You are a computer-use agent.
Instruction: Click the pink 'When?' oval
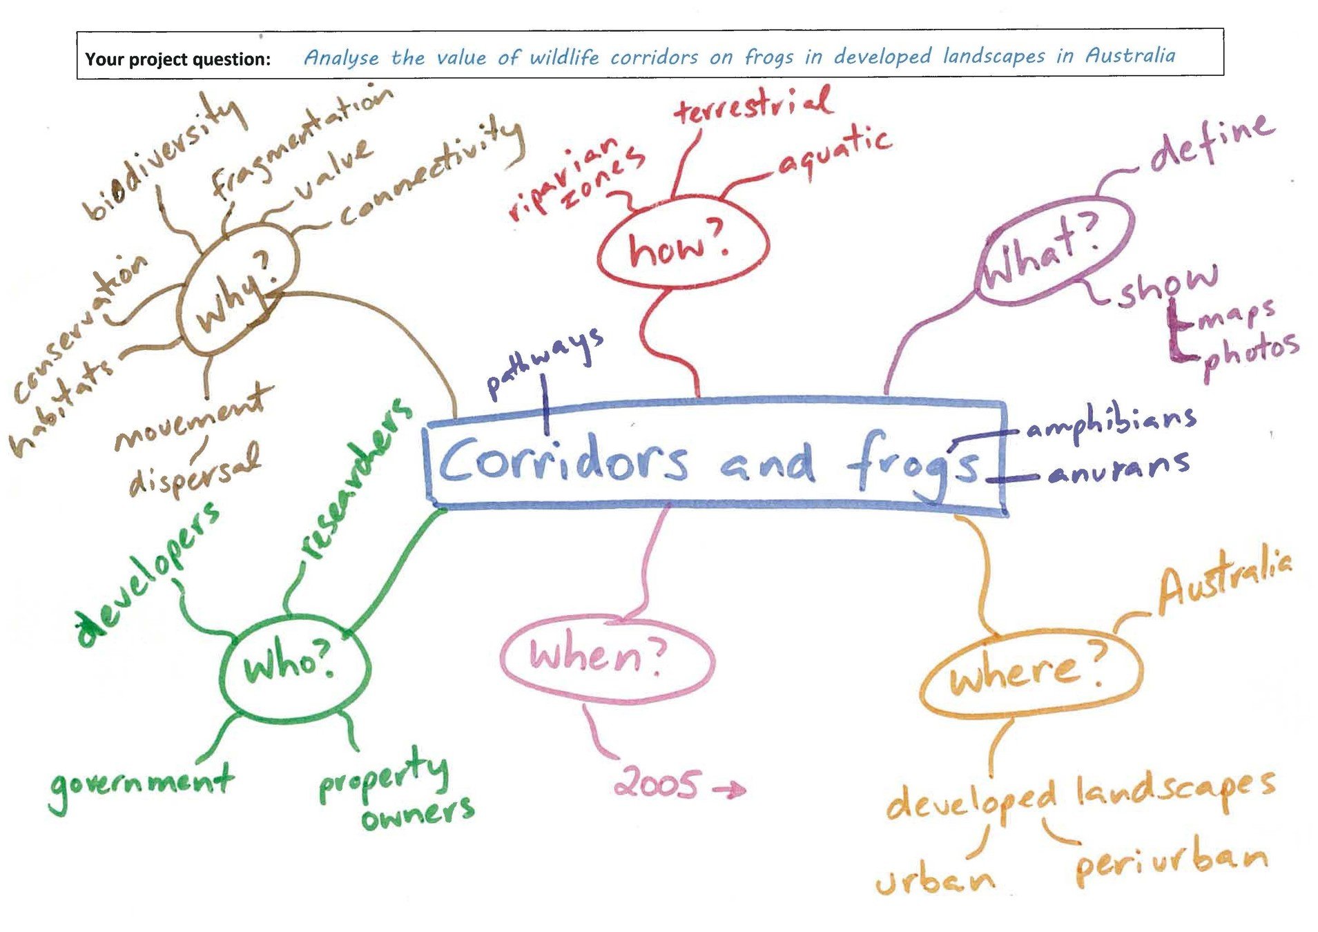coord(606,657)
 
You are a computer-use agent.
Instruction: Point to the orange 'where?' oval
coord(1029,672)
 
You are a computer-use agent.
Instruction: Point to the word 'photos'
coord(1250,353)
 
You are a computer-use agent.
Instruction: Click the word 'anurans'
coord(1118,469)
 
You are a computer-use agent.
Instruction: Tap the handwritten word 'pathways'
coord(545,362)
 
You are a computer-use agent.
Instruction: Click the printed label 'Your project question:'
coord(177,59)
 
